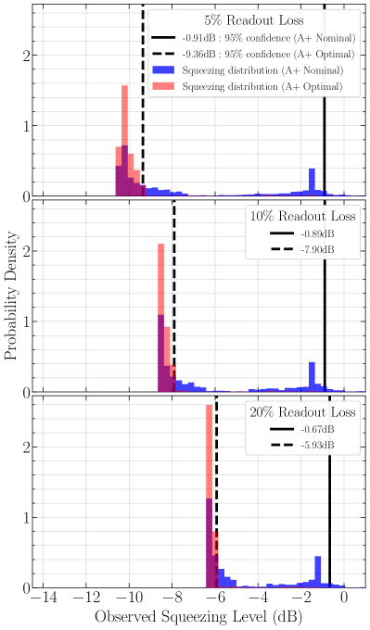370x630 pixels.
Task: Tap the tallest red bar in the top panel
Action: tap(124, 139)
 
